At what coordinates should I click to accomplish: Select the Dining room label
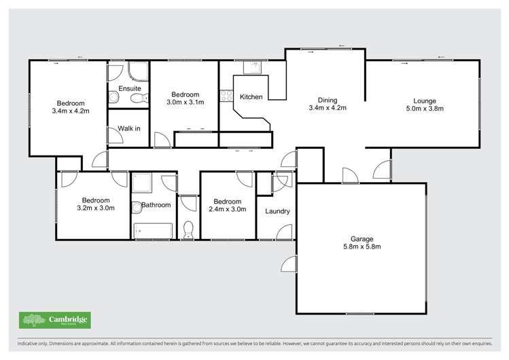click(328, 99)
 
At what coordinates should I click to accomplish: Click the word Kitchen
click(251, 97)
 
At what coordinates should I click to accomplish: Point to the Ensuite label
click(129, 88)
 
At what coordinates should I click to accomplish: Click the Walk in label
click(129, 128)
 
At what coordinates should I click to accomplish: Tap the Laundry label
click(277, 211)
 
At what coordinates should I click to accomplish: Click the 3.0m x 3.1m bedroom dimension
click(185, 103)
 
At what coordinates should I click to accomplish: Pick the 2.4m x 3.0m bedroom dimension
click(226, 209)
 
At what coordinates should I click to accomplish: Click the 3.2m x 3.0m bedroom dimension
click(96, 208)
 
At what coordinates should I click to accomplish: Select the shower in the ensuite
click(139, 72)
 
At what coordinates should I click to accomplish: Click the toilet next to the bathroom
click(188, 230)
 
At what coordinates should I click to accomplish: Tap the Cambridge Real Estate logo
click(54, 320)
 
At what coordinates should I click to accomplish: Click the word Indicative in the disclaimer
click(20, 345)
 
